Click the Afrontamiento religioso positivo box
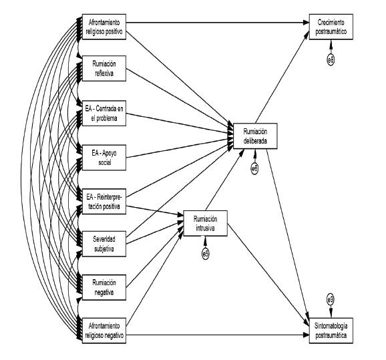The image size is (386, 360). (x=104, y=27)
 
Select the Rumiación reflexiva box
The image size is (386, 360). (x=104, y=68)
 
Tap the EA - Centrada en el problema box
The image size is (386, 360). (x=104, y=114)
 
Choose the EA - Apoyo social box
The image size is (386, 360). (x=104, y=158)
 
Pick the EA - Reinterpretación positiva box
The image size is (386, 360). (x=104, y=202)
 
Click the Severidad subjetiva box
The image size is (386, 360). (x=104, y=244)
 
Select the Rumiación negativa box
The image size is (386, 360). (x=104, y=287)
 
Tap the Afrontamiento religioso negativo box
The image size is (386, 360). (x=104, y=331)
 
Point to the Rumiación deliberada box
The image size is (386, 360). (x=255, y=136)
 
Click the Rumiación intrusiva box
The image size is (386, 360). (x=206, y=223)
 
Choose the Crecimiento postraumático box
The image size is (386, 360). (x=331, y=27)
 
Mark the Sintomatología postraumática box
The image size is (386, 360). (x=331, y=331)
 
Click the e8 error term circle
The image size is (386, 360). (x=331, y=59)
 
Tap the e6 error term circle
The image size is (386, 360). (x=255, y=169)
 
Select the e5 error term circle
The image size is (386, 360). (x=206, y=254)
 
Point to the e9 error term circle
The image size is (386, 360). (x=331, y=299)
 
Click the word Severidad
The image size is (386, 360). (x=104, y=239)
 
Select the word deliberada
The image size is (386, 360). (x=255, y=141)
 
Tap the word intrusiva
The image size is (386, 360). (x=205, y=228)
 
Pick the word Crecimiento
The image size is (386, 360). (x=331, y=23)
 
